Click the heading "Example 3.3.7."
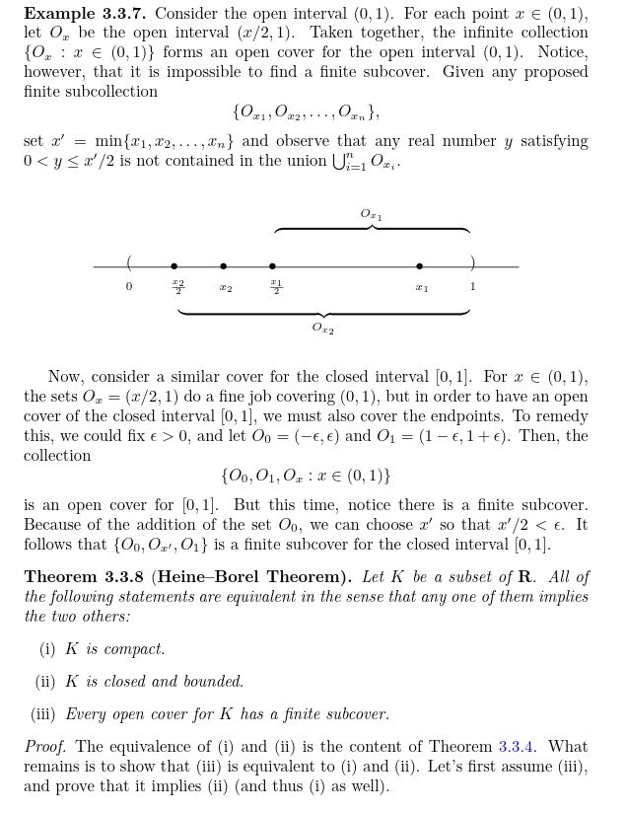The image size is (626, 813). [x=85, y=14]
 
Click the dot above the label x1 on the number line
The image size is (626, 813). [x=420, y=266]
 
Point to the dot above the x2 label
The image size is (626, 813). [x=224, y=266]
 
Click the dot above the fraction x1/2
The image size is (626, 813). [x=273, y=266]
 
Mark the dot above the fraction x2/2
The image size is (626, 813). [x=174, y=266]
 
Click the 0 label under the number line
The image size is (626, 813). [x=128, y=287]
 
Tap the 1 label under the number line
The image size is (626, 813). [x=472, y=287]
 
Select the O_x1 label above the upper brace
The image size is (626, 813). [x=371, y=214]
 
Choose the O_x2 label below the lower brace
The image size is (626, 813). [x=322, y=329]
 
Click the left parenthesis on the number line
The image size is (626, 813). [x=129, y=263]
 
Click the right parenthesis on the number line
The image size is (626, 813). [x=472, y=263]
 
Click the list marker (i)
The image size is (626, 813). [x=47, y=649]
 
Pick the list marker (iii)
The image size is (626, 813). [x=43, y=714]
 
